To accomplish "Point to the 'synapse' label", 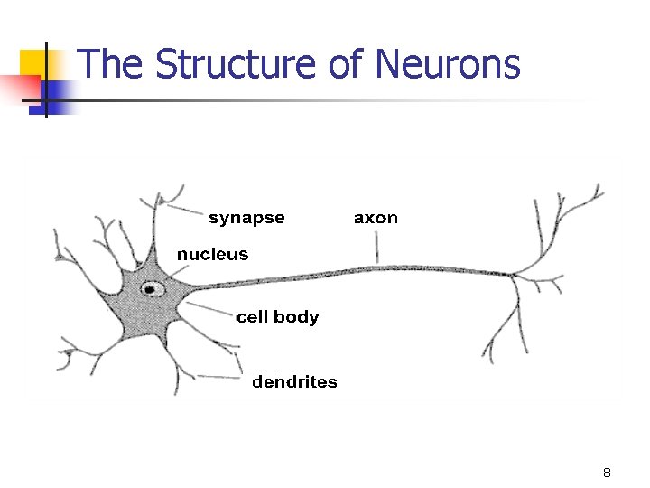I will (246, 218).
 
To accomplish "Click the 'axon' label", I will (376, 218).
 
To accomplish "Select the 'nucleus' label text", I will (212, 254).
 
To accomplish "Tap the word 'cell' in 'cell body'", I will (252, 317).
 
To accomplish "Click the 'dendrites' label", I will (294, 382).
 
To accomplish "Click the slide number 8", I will (607, 474).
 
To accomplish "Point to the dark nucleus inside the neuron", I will (150, 290).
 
